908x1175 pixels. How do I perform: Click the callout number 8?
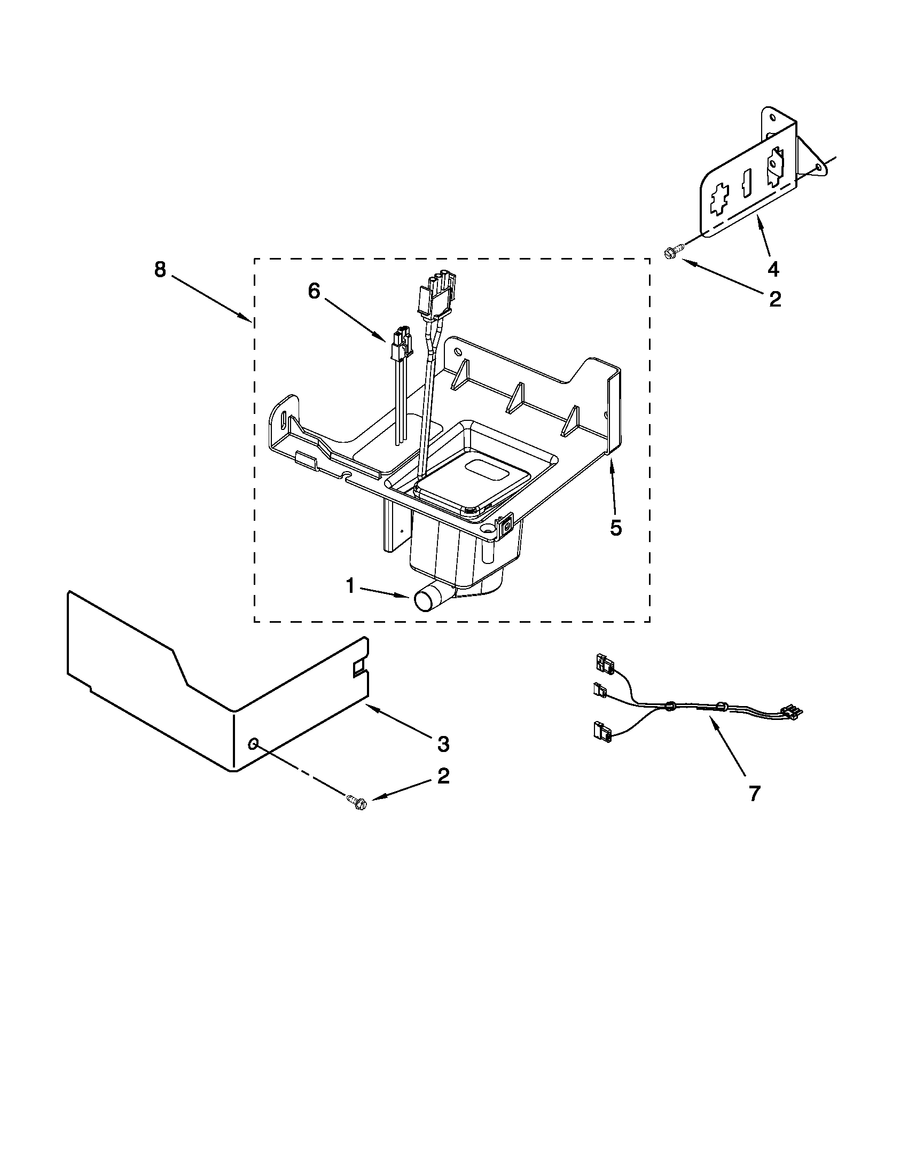[160, 270]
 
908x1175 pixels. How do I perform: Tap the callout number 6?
[314, 291]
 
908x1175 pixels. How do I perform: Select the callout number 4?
[773, 269]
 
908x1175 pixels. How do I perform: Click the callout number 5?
[616, 528]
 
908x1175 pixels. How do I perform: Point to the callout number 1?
[350, 586]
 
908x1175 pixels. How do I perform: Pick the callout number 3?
[443, 744]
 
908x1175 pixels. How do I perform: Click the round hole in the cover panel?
[253, 743]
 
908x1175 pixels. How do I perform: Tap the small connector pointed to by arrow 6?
[401, 344]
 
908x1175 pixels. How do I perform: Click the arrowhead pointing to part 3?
[370, 709]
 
